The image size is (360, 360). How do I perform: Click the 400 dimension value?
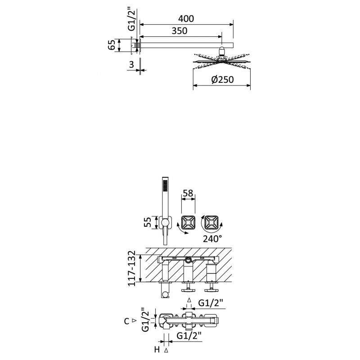tap(186, 19)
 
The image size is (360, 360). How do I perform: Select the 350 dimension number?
tap(180, 31)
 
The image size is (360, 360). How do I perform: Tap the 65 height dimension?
tap(112, 45)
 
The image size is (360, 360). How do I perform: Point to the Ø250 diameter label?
tap(222, 80)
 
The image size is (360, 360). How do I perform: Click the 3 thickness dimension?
tap(131, 65)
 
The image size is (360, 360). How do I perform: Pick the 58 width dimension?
tap(188, 193)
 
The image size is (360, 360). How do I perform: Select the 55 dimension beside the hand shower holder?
tap(148, 222)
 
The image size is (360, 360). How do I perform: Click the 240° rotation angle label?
tap(212, 239)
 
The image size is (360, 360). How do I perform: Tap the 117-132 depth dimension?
tap(132, 269)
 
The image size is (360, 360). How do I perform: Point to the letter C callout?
tap(126, 321)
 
